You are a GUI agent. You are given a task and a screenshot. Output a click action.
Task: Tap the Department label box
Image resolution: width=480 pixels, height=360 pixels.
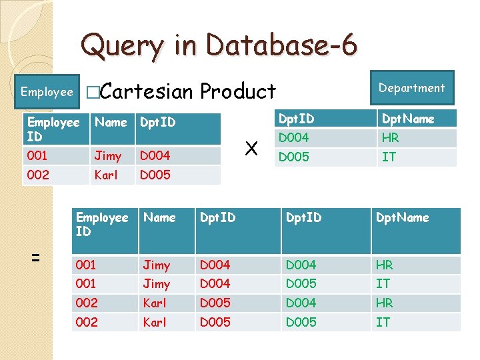(x=411, y=88)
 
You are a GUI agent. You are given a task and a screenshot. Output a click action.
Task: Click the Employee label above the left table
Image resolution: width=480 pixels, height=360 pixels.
(x=47, y=92)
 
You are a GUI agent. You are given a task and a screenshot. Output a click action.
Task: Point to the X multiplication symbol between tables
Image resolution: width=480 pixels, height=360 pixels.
(x=251, y=149)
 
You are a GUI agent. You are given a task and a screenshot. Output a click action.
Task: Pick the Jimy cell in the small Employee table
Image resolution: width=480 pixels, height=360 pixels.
(x=107, y=156)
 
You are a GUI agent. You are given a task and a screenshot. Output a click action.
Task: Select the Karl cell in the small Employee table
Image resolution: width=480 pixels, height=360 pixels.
(x=106, y=175)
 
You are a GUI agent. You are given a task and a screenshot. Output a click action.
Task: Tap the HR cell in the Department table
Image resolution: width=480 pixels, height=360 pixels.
(x=390, y=139)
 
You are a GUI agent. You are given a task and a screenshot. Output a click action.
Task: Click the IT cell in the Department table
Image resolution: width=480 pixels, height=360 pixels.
(x=388, y=158)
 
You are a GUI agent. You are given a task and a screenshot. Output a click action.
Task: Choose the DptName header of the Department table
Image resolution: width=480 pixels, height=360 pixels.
(x=407, y=119)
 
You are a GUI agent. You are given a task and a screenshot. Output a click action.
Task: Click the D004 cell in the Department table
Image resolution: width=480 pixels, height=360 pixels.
(x=294, y=139)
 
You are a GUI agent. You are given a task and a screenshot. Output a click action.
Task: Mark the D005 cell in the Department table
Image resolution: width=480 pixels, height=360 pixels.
(x=294, y=158)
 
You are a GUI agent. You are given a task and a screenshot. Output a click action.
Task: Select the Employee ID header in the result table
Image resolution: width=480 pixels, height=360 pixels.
(x=102, y=225)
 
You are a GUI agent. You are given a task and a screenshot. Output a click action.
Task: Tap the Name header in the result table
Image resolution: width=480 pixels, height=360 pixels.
(x=159, y=218)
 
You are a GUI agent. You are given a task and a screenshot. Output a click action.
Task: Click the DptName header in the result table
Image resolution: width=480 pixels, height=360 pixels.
(x=403, y=218)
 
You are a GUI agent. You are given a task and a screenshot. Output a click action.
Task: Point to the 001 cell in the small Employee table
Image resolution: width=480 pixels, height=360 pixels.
(x=37, y=156)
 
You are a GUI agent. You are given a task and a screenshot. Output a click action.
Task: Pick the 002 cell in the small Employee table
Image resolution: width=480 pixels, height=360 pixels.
(x=37, y=175)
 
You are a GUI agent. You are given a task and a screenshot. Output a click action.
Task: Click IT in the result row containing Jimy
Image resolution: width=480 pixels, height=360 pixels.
(x=383, y=284)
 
